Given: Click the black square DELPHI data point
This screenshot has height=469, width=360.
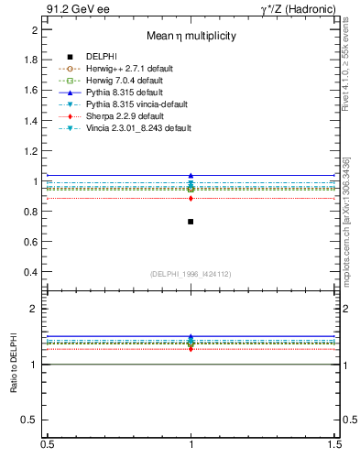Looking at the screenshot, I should coord(191,222).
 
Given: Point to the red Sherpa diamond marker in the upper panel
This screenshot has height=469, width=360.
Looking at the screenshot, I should coord(191,198).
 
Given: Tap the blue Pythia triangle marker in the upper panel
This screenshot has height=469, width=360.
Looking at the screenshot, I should coord(191,175).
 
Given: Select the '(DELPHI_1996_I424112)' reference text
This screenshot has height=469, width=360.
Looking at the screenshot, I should coord(191,274).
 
